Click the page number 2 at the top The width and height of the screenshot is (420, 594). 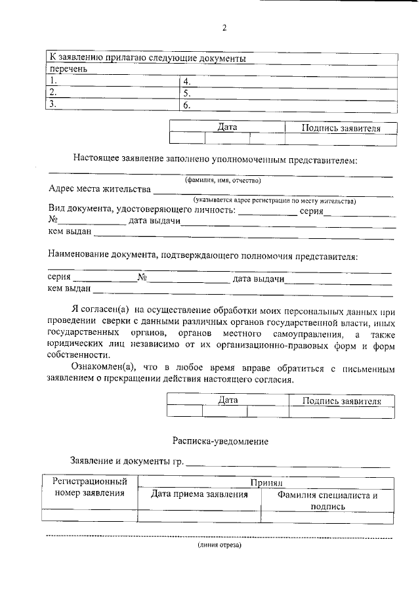(224, 28)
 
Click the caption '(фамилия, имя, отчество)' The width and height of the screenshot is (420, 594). (222, 180)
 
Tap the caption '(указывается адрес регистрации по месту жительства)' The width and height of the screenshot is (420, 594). (274, 200)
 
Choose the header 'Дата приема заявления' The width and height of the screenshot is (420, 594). (199, 495)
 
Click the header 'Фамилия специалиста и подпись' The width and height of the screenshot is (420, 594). (327, 501)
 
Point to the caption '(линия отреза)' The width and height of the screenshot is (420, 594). (220, 545)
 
